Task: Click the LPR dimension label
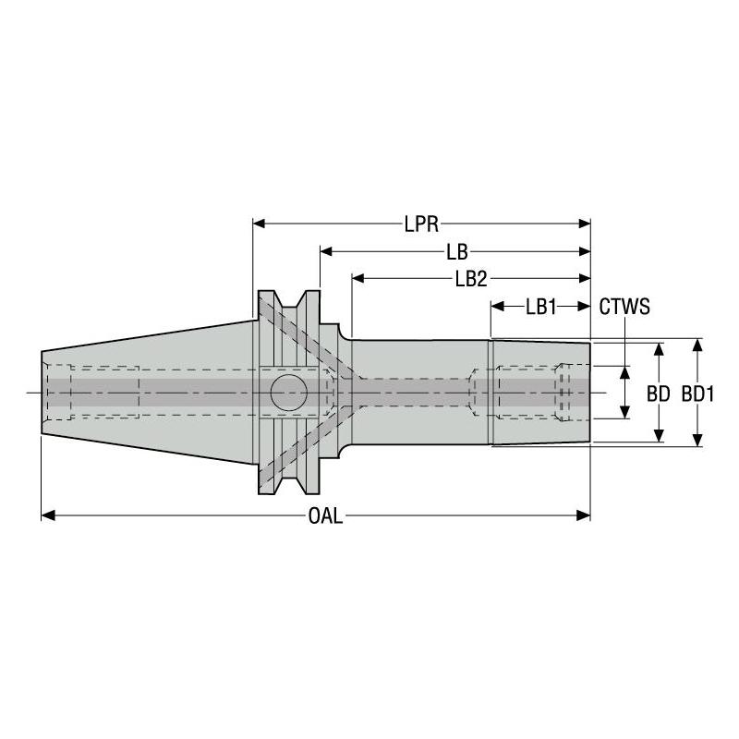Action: coord(420,224)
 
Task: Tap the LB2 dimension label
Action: coord(470,278)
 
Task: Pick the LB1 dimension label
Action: coord(540,307)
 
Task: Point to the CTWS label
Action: coord(625,307)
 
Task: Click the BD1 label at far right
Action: coord(698,393)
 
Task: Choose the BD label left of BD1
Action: coord(659,393)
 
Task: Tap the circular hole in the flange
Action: coord(288,394)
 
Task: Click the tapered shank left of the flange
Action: coord(148,393)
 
